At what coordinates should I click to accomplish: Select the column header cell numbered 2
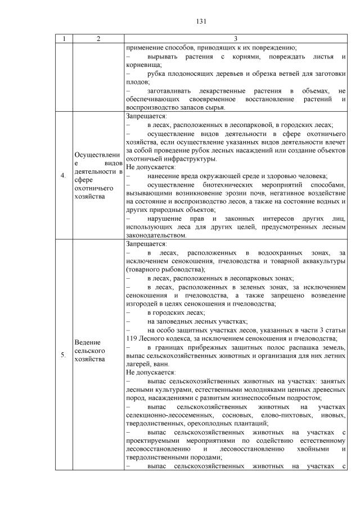[x=98, y=39]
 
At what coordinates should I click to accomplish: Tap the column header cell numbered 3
[x=236, y=39]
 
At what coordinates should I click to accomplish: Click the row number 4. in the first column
[x=62, y=176]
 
